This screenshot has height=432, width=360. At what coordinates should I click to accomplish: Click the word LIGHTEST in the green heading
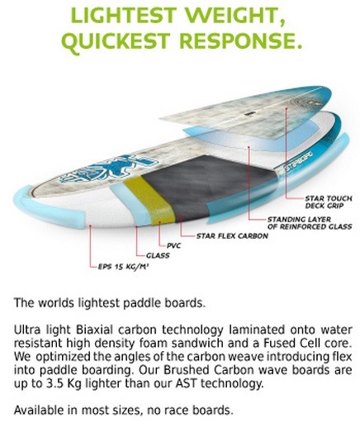tap(123, 16)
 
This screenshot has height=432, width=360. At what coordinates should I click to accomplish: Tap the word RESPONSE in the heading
tap(242, 40)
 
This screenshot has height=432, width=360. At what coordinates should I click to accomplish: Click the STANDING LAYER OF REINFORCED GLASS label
tap(310, 223)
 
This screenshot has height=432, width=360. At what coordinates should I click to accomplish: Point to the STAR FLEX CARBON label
tap(232, 236)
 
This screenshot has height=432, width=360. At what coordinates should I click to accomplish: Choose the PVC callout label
tap(173, 245)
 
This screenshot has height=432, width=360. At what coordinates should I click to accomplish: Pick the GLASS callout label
tap(158, 256)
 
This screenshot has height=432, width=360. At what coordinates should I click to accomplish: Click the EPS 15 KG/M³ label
tap(124, 267)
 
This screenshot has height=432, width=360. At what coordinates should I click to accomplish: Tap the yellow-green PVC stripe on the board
tap(149, 199)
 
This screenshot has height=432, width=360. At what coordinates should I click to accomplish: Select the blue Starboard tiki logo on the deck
tap(110, 168)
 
